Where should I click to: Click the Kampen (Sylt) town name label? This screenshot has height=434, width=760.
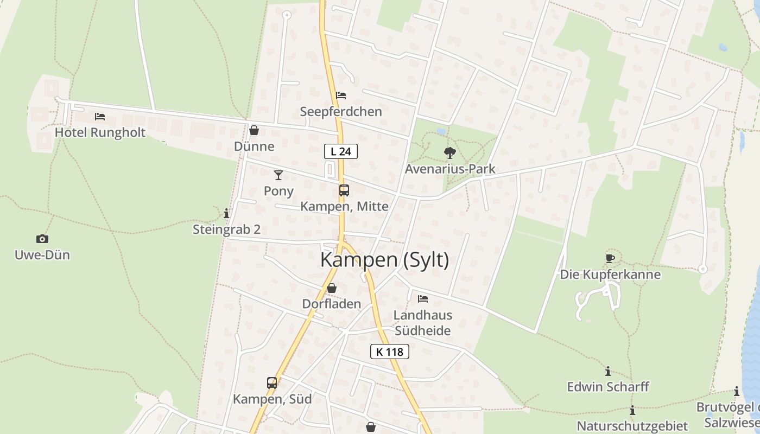click(384, 260)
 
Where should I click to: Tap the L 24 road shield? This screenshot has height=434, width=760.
click(341, 151)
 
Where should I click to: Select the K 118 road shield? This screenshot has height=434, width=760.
click(390, 352)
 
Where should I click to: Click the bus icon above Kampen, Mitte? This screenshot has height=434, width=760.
click(344, 190)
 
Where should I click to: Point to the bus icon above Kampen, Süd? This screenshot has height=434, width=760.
click(272, 383)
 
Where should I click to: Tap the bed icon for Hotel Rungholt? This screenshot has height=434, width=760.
click(99, 117)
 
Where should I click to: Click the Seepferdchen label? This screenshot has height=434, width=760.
click(341, 112)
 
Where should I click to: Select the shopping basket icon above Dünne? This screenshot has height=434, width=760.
click(254, 130)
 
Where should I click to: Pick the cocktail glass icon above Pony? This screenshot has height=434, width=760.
click(278, 175)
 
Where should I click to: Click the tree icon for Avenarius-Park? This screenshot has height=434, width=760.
click(449, 153)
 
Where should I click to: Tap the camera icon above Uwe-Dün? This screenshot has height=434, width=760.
click(42, 239)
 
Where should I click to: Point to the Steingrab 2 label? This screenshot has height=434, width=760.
click(226, 229)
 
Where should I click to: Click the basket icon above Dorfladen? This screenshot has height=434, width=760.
click(331, 288)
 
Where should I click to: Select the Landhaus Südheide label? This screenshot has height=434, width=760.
click(423, 323)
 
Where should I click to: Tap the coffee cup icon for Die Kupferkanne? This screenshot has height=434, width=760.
click(610, 258)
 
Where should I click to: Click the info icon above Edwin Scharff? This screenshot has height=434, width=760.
click(608, 372)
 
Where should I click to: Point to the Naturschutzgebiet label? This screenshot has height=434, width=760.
click(632, 426)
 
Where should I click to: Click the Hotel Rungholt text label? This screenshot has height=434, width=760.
click(100, 133)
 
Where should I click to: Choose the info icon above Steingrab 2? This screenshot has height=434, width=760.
click(226, 213)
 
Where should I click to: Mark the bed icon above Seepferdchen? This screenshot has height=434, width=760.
click(341, 95)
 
